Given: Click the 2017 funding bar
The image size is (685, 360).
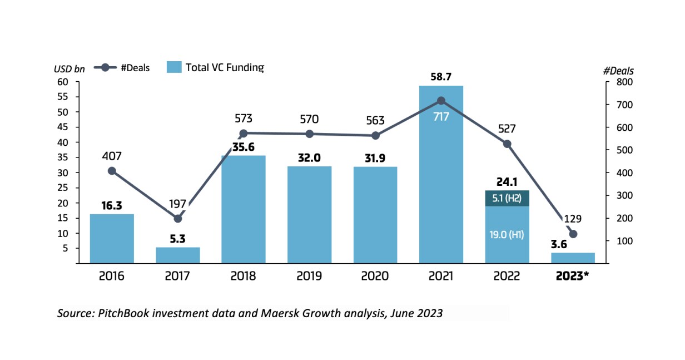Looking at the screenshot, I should (x=178, y=255).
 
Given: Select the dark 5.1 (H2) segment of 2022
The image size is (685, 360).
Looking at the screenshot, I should (x=507, y=198).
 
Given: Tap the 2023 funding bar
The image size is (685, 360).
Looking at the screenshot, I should (x=573, y=258).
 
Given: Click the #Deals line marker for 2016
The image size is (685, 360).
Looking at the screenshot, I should (x=112, y=171).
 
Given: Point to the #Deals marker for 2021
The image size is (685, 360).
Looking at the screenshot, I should (x=441, y=101).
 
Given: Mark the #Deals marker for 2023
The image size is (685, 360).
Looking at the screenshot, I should (x=573, y=234).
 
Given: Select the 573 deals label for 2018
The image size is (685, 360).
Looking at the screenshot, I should (x=244, y=119).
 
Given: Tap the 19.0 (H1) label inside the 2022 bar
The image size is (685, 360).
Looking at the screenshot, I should (x=507, y=235).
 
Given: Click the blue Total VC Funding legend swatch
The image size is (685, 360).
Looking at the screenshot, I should (x=174, y=68).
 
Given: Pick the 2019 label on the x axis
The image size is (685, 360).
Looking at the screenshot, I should (x=310, y=277).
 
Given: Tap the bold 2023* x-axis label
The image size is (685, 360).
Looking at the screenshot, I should (x=572, y=277).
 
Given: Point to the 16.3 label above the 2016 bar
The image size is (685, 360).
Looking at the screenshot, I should (x=112, y=205).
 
